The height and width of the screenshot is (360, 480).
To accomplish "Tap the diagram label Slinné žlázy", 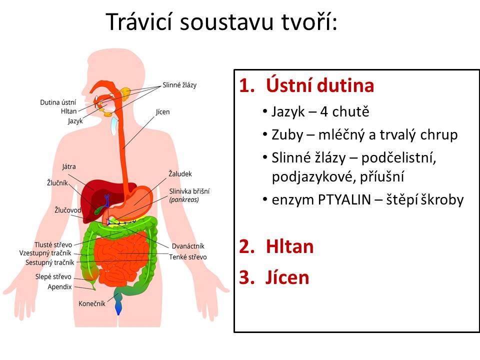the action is [x=179, y=85].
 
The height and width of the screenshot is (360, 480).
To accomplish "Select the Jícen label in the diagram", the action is [x=162, y=111].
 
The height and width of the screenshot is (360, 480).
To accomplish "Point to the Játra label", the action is [x=69, y=166].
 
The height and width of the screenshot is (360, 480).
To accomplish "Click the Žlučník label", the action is [x=57, y=183].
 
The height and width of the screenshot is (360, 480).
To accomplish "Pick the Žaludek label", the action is [x=180, y=174].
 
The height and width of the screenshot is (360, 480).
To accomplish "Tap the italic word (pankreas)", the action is [x=184, y=200].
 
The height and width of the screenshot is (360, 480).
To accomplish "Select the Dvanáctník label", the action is [x=188, y=246].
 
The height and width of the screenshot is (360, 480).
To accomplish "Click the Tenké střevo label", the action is [x=188, y=257].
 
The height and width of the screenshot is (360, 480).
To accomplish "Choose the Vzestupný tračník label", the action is [x=45, y=253].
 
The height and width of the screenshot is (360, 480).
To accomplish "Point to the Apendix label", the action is [x=59, y=287].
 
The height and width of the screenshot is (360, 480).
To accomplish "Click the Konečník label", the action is [x=92, y=303].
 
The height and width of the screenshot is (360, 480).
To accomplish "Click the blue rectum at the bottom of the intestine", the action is [x=118, y=307].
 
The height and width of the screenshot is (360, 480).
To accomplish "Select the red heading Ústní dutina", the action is [x=320, y=85].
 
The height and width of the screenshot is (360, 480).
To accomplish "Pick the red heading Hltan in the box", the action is [x=289, y=246].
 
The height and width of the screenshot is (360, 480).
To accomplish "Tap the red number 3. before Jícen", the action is [x=246, y=277].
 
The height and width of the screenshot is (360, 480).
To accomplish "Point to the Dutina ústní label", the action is [x=58, y=102].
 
